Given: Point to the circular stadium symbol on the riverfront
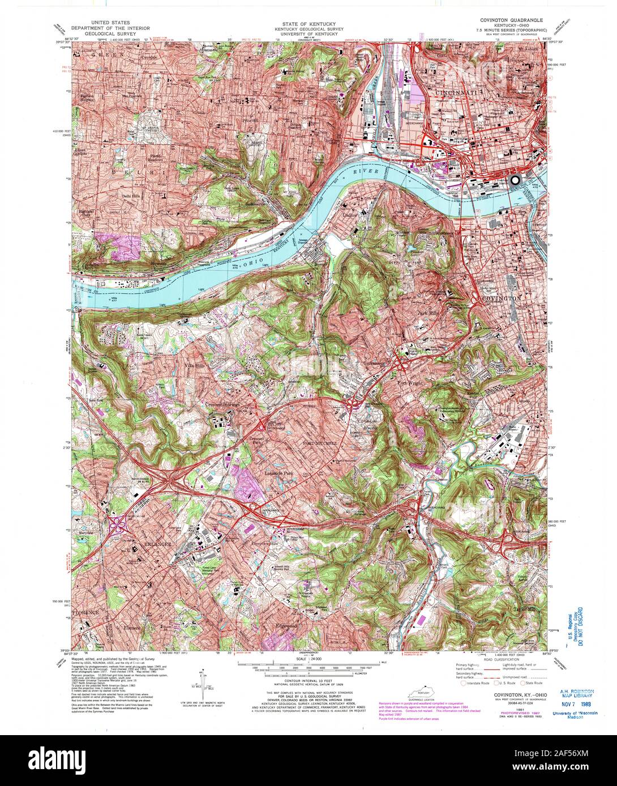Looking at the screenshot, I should (515, 180).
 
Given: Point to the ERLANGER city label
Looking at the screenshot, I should (150, 543).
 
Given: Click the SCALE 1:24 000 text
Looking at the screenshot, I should (308, 659).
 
